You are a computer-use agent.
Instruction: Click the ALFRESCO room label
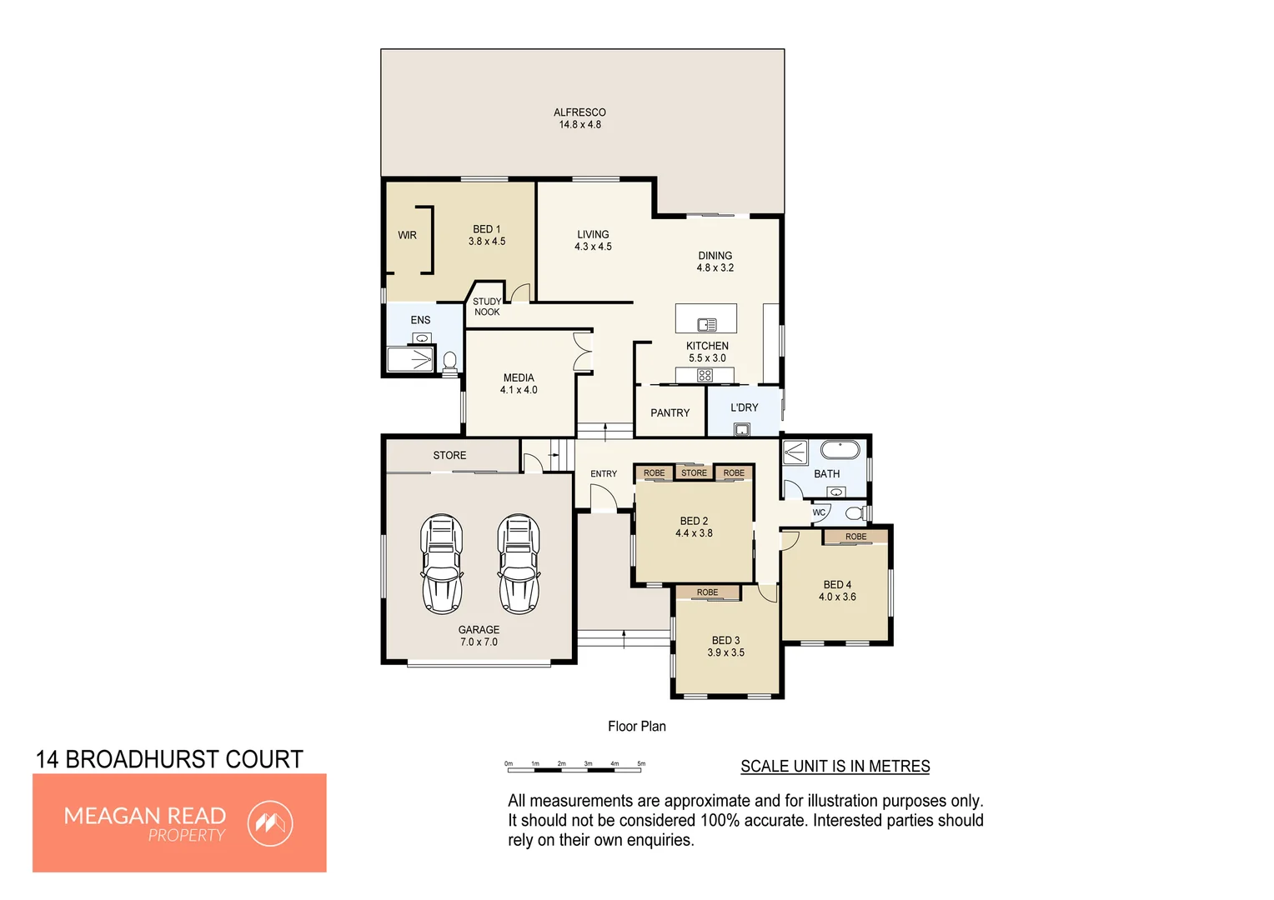tap(579, 112)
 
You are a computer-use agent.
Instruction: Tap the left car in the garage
tap(441, 564)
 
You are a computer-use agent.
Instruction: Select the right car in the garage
tap(519, 564)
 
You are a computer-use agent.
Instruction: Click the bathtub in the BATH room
tap(840, 451)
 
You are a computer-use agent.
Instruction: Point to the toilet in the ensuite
tap(450, 362)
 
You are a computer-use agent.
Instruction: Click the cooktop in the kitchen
tap(705, 376)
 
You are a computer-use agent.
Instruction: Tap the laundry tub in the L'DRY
tap(741, 430)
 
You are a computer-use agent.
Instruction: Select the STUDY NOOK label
tap(487, 307)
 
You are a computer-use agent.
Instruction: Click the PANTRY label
tap(670, 413)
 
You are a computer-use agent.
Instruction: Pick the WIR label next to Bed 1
tap(407, 236)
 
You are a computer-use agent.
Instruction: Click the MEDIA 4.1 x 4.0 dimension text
tap(519, 390)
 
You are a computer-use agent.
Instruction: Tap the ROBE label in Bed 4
tap(855, 537)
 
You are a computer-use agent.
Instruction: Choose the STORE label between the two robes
tap(694, 473)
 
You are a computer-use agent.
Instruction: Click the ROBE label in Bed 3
tap(707, 592)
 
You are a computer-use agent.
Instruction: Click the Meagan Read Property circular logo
tap(270, 824)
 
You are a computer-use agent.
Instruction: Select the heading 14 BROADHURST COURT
tap(169, 760)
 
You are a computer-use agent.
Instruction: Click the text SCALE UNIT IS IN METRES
tap(835, 767)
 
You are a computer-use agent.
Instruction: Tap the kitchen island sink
tap(707, 325)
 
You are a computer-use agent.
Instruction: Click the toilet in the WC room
tap(855, 512)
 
